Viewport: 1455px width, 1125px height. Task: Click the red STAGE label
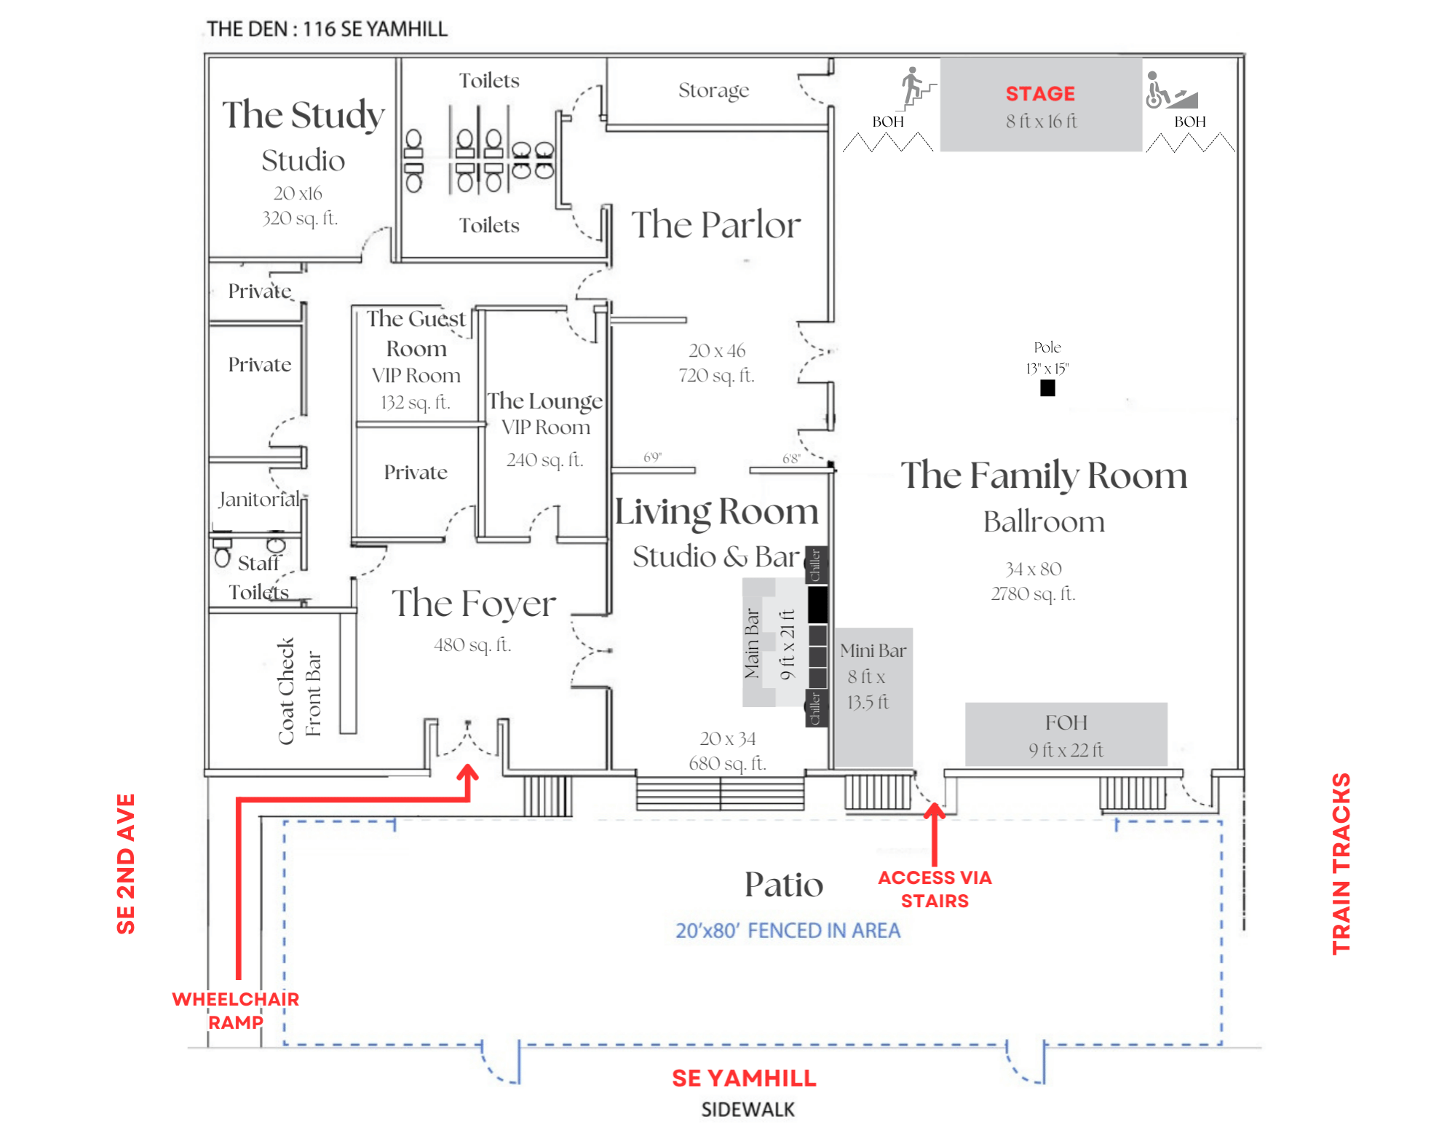point(1040,94)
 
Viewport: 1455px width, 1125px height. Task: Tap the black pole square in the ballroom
point(1047,388)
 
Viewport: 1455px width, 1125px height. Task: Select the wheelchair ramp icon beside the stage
point(1171,90)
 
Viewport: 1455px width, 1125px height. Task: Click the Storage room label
point(713,90)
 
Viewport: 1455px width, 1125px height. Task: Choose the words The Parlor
point(715,224)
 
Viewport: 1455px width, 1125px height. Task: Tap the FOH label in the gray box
point(1066,722)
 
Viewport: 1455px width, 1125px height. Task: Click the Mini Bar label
point(873,650)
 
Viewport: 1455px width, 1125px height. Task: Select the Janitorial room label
point(259,500)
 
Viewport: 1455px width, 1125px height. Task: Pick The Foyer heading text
point(474,604)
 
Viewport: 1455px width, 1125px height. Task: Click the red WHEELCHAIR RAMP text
point(236,1011)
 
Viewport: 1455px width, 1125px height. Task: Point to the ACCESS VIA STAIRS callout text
point(935,889)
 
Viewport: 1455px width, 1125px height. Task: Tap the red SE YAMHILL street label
point(744,1078)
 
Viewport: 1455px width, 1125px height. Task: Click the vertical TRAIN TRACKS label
point(1341,864)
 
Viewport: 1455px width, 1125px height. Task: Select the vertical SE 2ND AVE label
point(126,864)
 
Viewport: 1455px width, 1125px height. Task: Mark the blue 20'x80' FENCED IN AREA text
point(788,931)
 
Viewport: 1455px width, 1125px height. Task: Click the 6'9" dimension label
point(652,457)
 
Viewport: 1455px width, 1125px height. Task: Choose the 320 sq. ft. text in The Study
point(300,218)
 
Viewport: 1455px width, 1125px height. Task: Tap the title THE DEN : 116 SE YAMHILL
point(327,29)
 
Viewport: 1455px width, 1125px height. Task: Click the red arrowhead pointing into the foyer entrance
point(467,773)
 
